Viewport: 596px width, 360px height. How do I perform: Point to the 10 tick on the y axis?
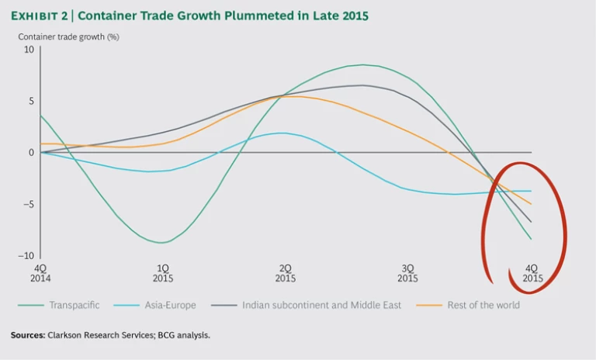[29, 50]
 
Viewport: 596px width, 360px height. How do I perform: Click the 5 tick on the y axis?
[32, 101]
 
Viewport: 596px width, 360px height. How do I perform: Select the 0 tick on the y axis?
[32, 153]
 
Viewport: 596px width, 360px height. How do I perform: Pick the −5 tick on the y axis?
[29, 205]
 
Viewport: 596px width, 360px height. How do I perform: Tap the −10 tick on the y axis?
[27, 256]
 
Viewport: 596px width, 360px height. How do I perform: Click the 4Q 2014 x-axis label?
[40, 272]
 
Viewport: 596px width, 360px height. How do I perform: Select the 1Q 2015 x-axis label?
[163, 272]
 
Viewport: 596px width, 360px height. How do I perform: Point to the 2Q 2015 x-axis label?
[286, 272]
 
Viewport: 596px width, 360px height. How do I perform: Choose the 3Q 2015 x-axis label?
[408, 272]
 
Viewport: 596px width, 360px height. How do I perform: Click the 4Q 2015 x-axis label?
[532, 272]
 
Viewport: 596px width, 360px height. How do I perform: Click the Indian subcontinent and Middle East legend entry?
[321, 305]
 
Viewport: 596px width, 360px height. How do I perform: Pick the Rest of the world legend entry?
[483, 305]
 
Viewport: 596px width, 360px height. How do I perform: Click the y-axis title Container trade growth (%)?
[68, 36]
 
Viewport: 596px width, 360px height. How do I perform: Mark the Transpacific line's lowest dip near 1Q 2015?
[162, 243]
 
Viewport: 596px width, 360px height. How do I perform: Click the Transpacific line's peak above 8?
[363, 65]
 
